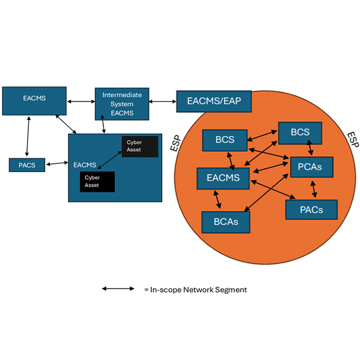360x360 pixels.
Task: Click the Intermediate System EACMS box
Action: coord(122,104)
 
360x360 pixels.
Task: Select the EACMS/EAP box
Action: coord(213,101)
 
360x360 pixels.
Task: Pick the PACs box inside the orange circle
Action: coord(311,209)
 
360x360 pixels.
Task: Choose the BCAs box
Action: coord(226,221)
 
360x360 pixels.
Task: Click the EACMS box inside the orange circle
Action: coord(223,178)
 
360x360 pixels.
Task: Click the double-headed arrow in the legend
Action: coord(118,289)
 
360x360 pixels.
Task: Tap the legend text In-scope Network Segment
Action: coord(195,290)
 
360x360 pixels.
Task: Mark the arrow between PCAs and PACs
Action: coord(313,188)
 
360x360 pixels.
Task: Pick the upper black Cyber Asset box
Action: coord(140,146)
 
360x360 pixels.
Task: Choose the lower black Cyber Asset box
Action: coord(97,182)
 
